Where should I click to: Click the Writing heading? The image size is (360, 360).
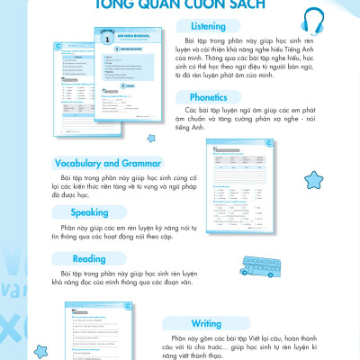pyautogui.click(x=206, y=323)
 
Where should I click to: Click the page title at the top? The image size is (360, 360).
pyautogui.click(x=180, y=5)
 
